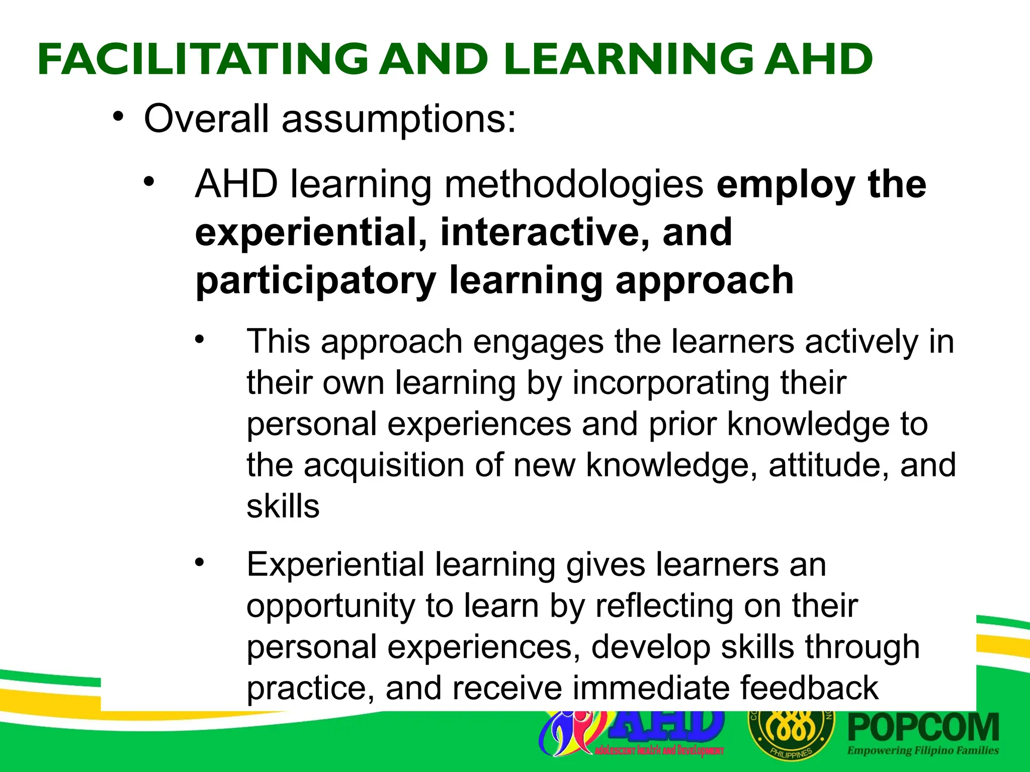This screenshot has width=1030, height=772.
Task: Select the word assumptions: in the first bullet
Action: tap(398, 120)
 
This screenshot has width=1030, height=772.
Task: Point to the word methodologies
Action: tap(573, 184)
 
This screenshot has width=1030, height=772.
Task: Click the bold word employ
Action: tap(786, 184)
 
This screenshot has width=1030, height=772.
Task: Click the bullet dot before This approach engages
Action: tap(200, 339)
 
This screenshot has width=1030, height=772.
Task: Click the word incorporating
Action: tap(671, 383)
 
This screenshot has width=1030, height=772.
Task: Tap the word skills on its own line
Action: tap(283, 506)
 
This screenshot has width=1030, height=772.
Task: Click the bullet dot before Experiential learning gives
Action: tap(200, 562)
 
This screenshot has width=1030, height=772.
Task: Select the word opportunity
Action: tap(330, 606)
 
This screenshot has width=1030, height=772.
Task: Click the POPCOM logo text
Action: tap(923, 728)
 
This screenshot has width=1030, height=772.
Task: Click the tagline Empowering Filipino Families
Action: tap(923, 751)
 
